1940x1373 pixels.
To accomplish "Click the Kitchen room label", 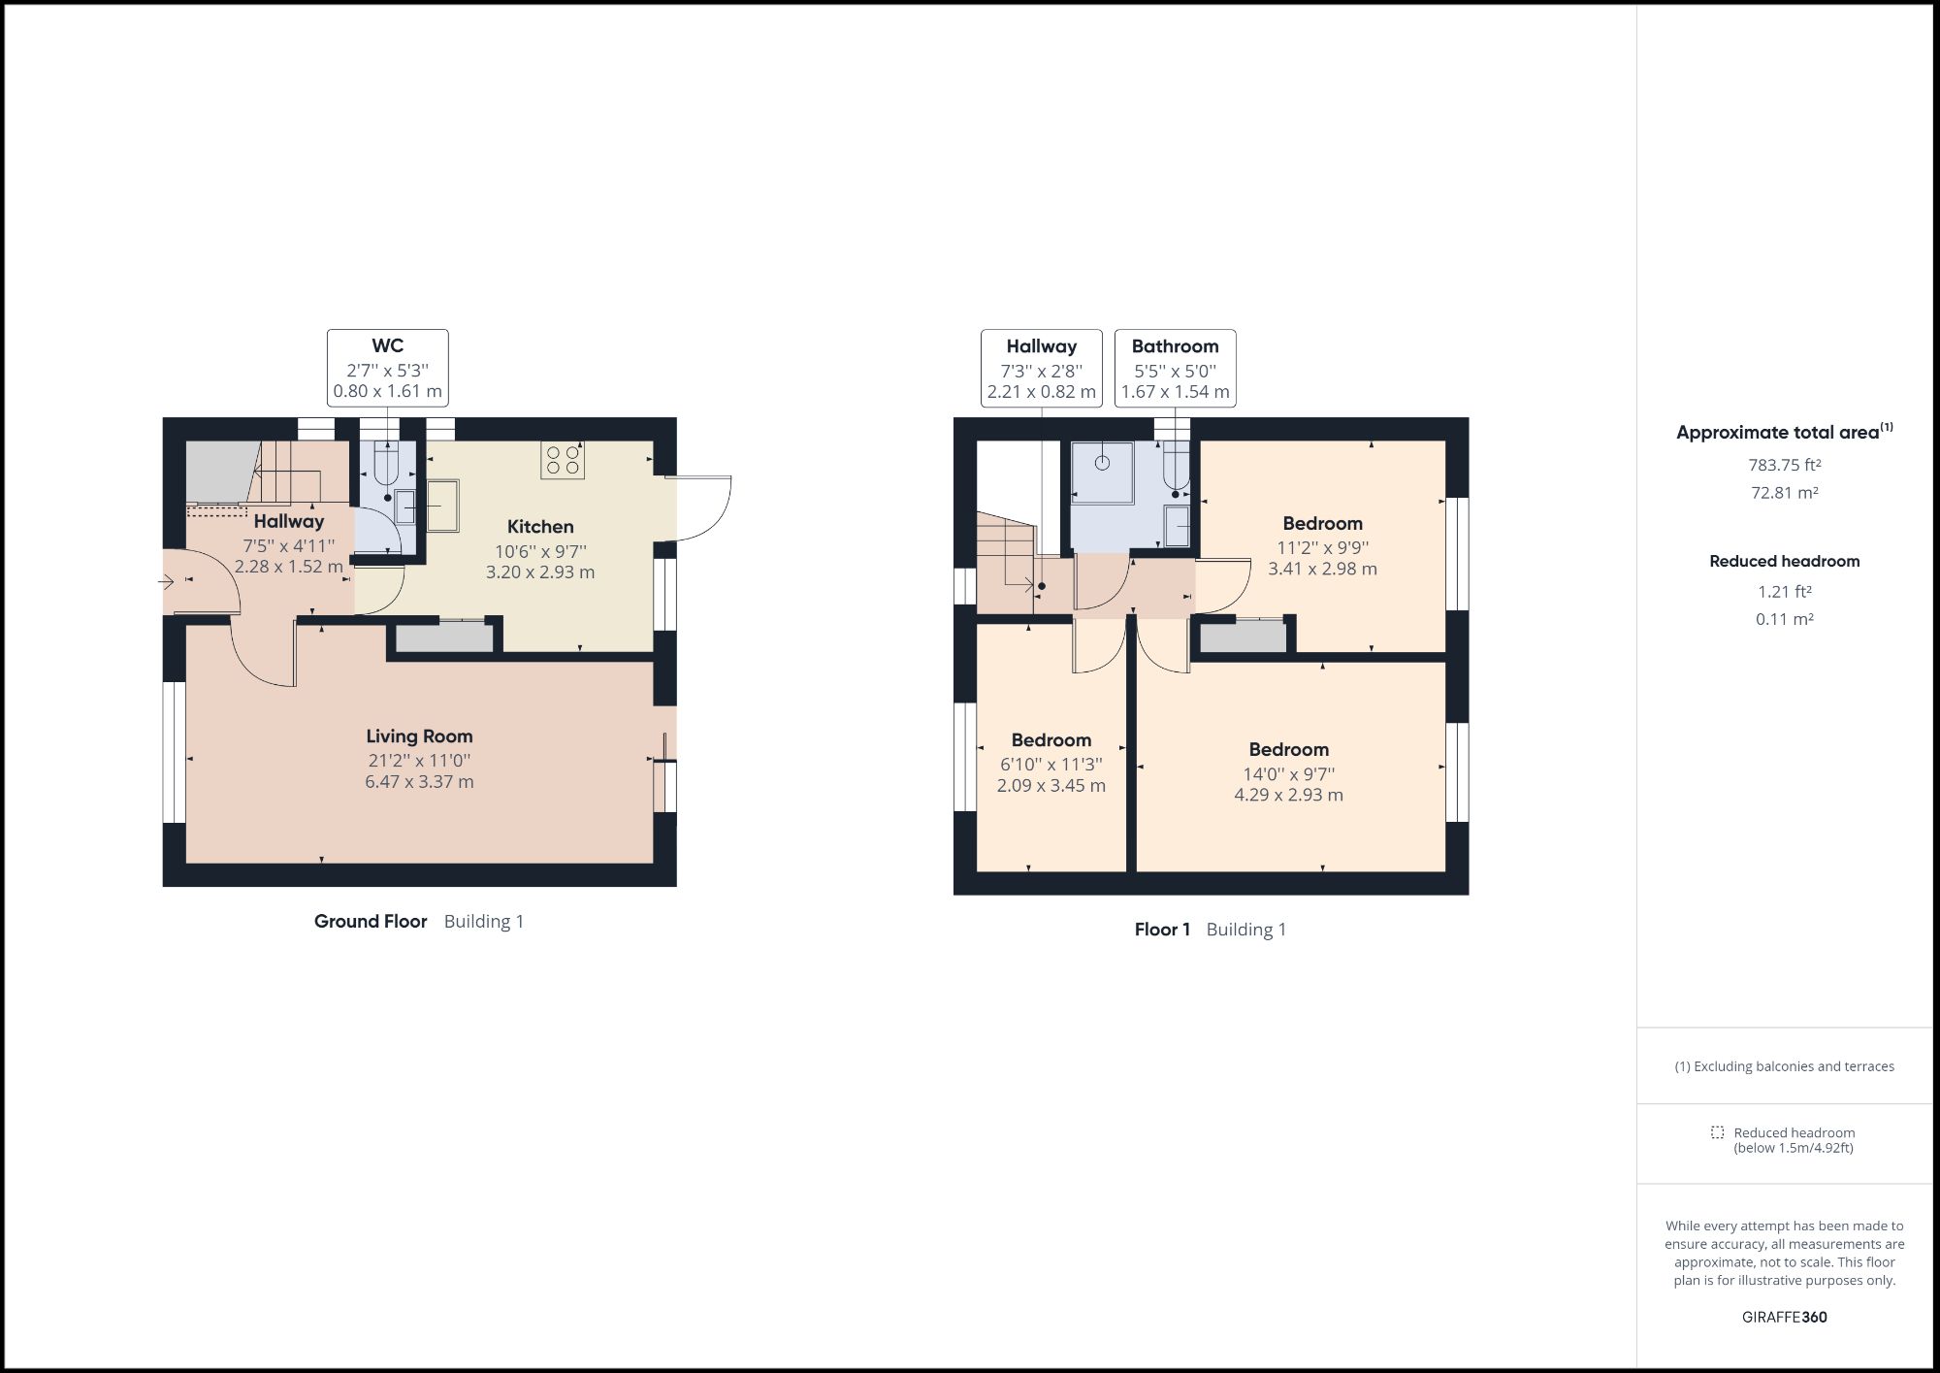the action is [540, 527].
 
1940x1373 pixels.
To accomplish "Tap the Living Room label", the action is [419, 736].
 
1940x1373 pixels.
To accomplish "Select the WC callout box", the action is [388, 368].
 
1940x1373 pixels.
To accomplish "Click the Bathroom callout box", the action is [1175, 368].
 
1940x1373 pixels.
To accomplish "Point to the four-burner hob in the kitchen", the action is [563, 460].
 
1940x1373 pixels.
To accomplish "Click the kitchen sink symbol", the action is [442, 506].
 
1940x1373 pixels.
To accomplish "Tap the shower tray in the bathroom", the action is [1102, 473].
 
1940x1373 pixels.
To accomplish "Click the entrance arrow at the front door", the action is [166, 582].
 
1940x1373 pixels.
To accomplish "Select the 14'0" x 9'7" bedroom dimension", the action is [1288, 774].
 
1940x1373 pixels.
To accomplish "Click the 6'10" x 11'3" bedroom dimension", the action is [1051, 765].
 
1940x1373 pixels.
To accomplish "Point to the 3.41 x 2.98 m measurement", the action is [1322, 569].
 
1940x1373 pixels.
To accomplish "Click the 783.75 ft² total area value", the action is [1784, 465].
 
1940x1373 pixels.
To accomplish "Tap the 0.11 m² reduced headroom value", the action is [1784, 619].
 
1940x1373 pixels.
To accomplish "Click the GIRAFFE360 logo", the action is [1784, 1317].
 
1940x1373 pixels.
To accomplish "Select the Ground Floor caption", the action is [371, 922].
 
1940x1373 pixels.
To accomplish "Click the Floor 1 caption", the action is [1162, 930].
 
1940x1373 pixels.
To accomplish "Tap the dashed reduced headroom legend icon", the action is [1717, 1132].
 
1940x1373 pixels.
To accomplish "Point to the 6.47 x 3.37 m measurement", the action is [419, 782].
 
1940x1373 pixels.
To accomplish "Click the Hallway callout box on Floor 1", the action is [1041, 368].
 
